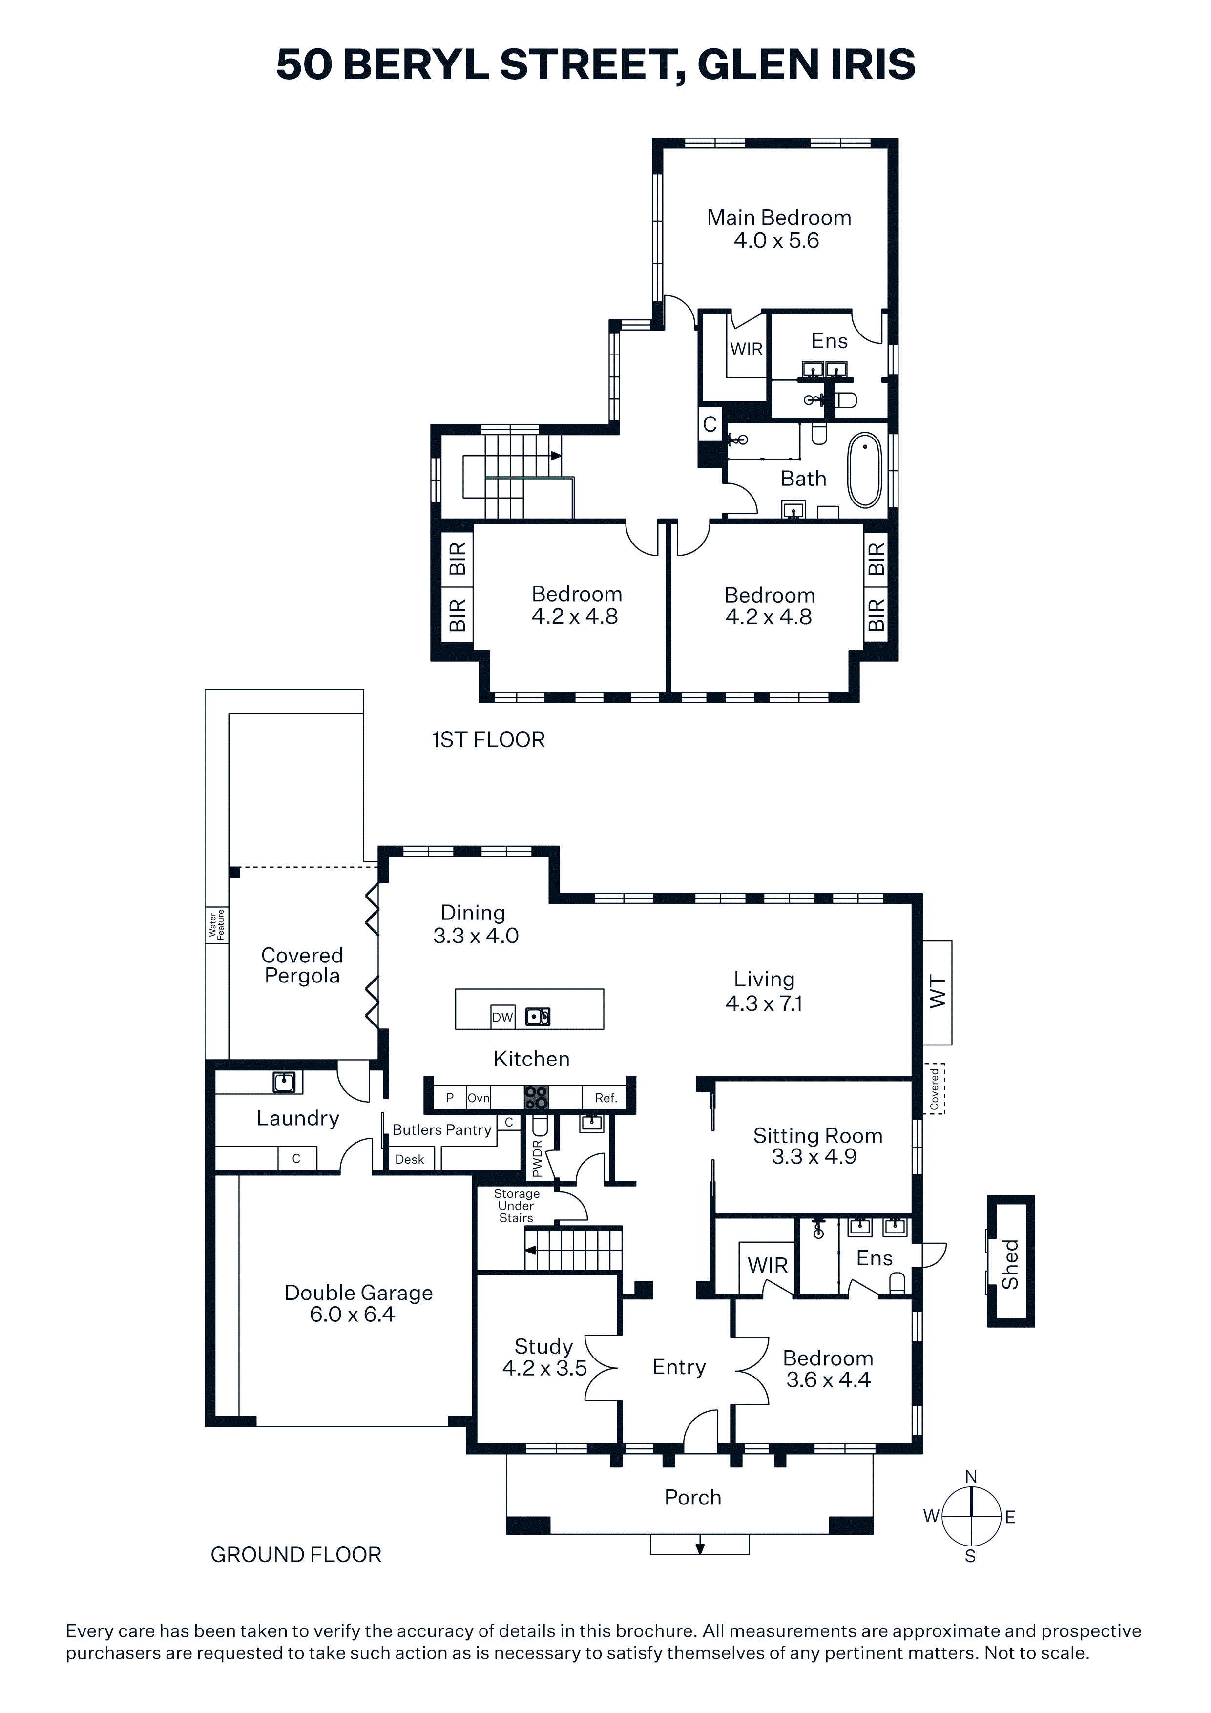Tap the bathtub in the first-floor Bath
coord(865,470)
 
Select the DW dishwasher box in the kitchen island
coord(503,1017)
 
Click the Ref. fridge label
coord(606,1098)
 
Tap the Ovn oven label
coord(478,1098)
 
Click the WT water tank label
coord(938,992)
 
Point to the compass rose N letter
coord(971,1477)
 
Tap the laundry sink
coord(284,1082)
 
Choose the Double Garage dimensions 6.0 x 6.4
coord(352,1314)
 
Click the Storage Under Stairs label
coord(516,1206)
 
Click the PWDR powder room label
coord(537,1159)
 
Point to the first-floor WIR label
coord(746,349)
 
